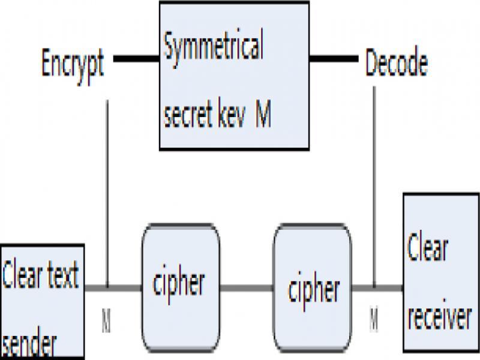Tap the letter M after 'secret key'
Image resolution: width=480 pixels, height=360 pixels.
click(x=263, y=115)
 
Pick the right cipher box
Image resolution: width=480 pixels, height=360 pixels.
click(x=312, y=287)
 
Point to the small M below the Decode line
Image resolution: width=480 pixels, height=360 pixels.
click(x=374, y=320)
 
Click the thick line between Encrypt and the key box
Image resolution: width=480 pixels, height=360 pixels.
click(x=136, y=59)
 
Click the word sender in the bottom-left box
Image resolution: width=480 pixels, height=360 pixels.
click(x=30, y=346)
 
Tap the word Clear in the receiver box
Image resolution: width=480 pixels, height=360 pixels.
click(x=428, y=248)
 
